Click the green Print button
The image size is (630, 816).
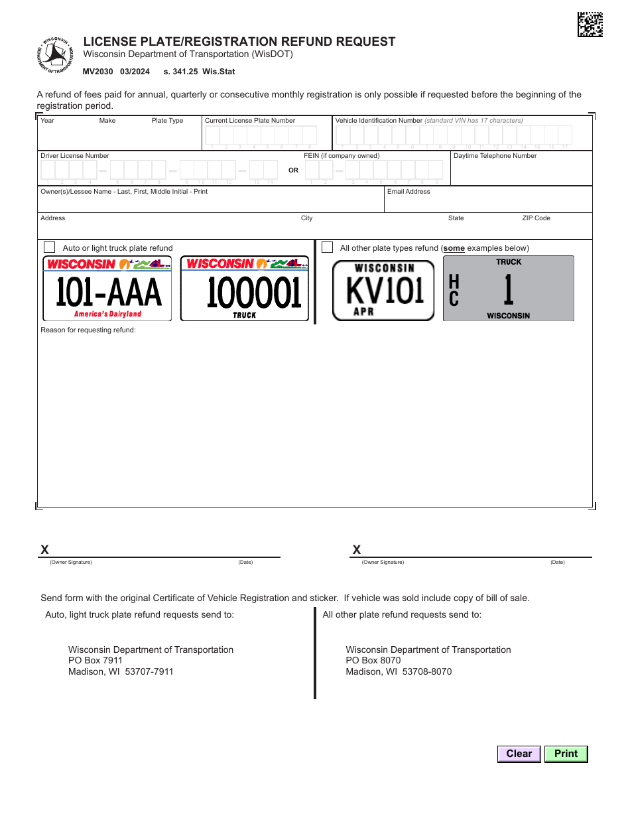[x=566, y=754]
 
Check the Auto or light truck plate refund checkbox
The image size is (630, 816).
[x=49, y=247]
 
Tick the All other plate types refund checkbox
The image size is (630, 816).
[x=327, y=247]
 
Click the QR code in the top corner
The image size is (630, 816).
[x=590, y=25]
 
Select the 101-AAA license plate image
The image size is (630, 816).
[x=107, y=289]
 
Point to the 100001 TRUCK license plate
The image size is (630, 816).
[x=245, y=289]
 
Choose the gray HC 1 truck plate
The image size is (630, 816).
[x=508, y=289]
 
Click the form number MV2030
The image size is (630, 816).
[x=98, y=72]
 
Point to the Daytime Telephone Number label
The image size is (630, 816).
[x=495, y=156]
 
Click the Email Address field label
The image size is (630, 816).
[x=409, y=192]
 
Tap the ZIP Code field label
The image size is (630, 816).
[x=536, y=218]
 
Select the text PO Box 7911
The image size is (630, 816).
[x=95, y=661]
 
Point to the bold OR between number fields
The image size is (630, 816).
[x=293, y=170]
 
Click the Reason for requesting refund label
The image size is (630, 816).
[x=88, y=330]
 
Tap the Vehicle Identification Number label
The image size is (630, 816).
[x=379, y=121]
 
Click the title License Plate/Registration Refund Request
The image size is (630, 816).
[x=239, y=42]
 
